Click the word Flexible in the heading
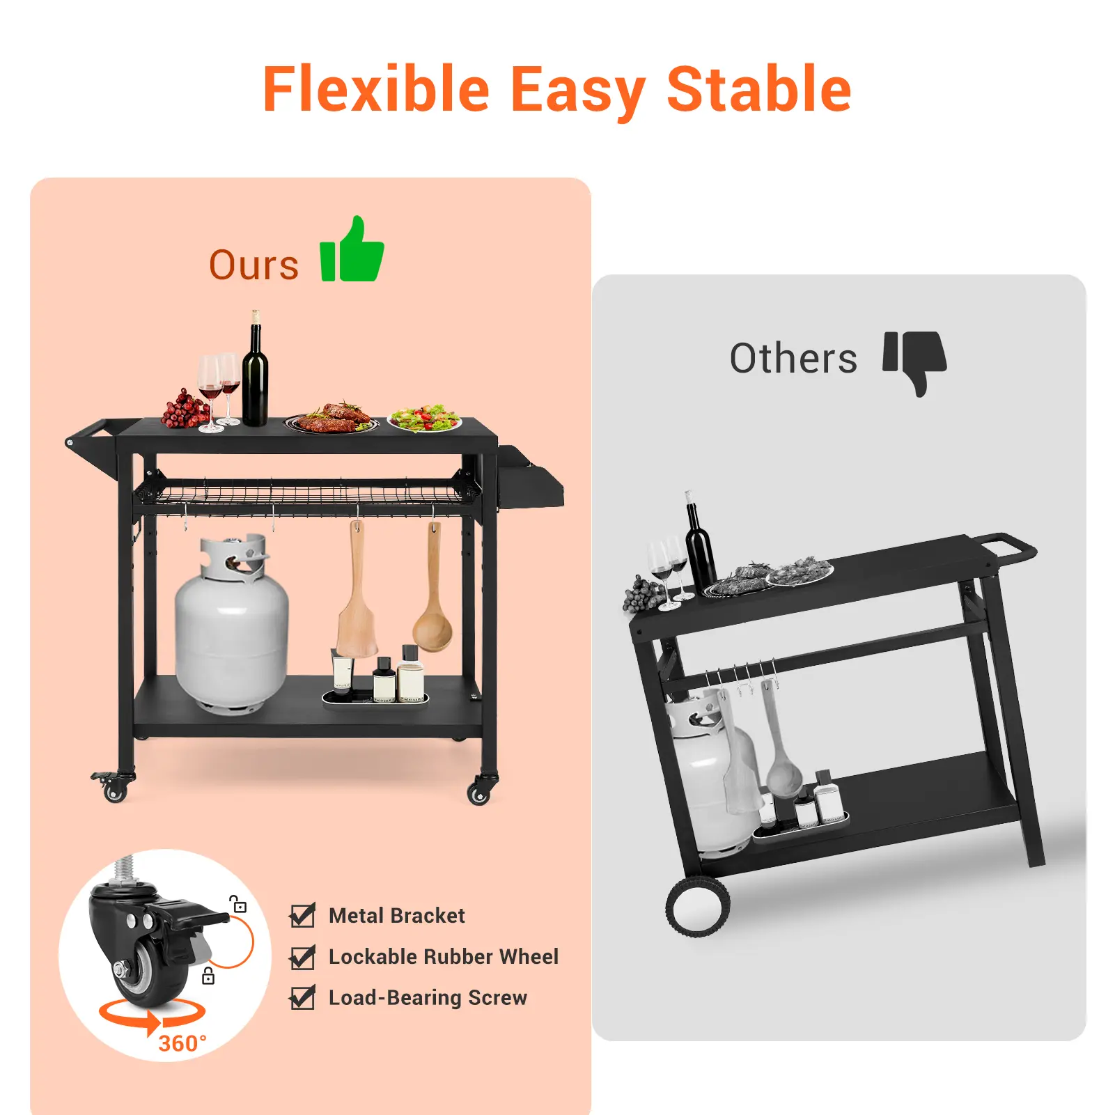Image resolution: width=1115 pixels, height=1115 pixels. point(377,89)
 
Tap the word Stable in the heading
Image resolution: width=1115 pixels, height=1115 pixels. point(759,89)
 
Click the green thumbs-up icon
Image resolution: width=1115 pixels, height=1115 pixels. point(352,250)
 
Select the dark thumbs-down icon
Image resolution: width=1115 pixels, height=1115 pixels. point(914,362)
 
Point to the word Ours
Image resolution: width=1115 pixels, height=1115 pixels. point(254,265)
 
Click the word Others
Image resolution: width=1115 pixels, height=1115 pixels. point(793,358)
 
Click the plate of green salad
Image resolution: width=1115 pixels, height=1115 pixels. point(425,419)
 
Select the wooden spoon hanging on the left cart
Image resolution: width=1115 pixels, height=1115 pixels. point(432,592)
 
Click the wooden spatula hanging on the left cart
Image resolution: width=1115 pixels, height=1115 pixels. point(357,592)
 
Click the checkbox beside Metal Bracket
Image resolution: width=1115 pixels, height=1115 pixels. point(302,915)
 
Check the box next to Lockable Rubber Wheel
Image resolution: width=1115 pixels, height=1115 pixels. point(302,957)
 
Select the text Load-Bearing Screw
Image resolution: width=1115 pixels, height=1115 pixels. point(428,998)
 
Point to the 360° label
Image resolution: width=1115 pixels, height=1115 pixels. point(182,1043)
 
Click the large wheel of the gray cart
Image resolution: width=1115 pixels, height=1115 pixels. point(698,906)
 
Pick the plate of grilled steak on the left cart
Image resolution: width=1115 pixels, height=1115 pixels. point(332,419)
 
